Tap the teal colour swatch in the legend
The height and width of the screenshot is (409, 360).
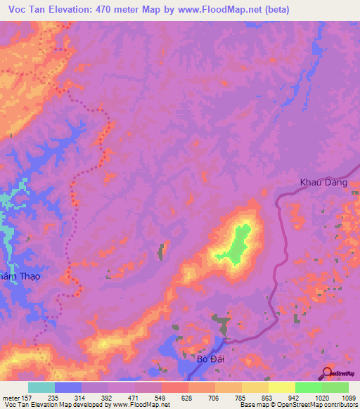pos(41,387)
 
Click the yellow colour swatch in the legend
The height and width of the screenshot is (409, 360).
pos(281,387)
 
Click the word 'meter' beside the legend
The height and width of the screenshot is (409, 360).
pos(11,397)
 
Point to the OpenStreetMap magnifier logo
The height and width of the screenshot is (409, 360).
pos(328,372)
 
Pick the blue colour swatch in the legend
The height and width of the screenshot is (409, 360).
pos(67,387)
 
